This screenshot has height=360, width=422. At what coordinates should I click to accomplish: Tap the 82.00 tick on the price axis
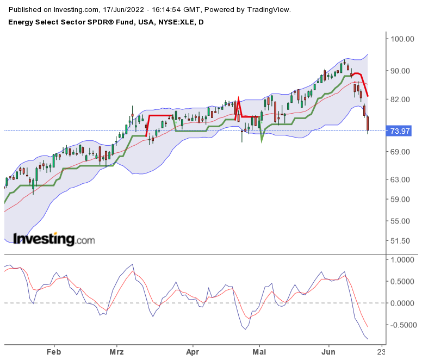(x=399, y=100)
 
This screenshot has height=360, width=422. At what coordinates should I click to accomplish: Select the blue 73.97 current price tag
(x=400, y=131)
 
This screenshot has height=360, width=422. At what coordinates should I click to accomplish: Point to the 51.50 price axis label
(x=399, y=241)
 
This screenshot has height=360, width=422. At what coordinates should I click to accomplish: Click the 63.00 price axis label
(x=399, y=179)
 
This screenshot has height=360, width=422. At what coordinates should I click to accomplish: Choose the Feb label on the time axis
(x=53, y=351)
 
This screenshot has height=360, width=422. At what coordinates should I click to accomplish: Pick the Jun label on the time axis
(x=328, y=351)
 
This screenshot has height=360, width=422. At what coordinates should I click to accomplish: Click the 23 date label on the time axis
(x=382, y=351)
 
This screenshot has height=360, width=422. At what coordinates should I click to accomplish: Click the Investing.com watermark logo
(x=53, y=239)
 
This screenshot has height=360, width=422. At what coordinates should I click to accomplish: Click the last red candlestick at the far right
(x=368, y=123)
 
